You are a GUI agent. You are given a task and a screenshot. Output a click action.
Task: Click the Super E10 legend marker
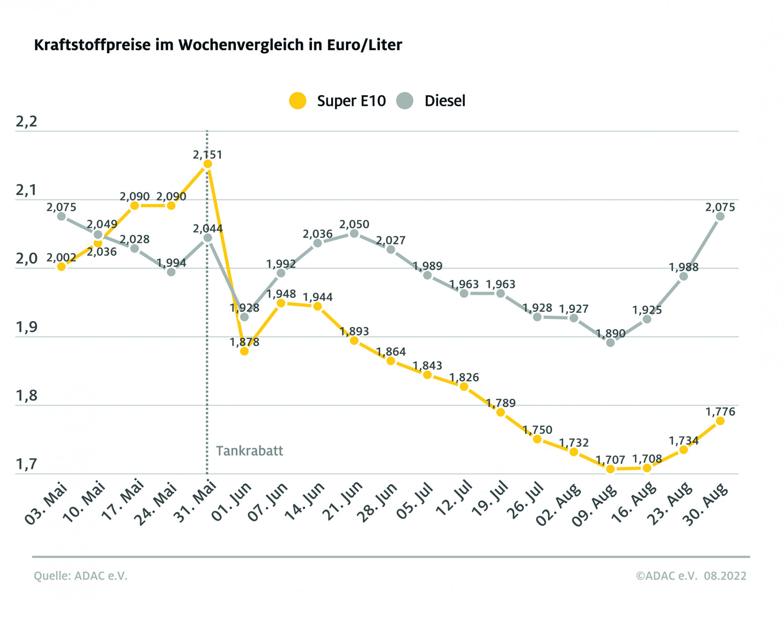(298, 101)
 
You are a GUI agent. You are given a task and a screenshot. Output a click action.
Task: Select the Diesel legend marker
(405, 101)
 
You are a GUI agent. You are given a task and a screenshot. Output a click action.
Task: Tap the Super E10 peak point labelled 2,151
(207, 164)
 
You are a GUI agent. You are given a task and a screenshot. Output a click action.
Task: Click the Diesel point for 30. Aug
(720, 216)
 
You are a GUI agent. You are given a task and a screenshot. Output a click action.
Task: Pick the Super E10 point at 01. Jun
(244, 351)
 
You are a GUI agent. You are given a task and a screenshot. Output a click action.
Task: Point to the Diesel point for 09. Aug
(610, 343)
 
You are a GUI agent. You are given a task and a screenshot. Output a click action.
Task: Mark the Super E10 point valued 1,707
(610, 469)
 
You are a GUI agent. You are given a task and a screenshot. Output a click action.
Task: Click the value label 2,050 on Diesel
(354, 224)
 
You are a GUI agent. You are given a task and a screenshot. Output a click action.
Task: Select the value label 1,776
(720, 411)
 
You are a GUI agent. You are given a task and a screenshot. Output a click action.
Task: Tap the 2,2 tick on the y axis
(26, 122)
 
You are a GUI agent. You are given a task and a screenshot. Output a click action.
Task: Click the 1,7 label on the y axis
(26, 464)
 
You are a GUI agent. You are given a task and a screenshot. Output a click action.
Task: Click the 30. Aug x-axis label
(706, 504)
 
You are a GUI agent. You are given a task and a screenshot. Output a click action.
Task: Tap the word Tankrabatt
(249, 451)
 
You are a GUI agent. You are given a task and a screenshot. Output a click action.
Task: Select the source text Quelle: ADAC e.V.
(80, 576)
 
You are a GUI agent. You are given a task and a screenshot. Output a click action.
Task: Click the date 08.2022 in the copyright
(725, 576)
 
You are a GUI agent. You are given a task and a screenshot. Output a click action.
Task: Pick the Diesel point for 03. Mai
(61, 216)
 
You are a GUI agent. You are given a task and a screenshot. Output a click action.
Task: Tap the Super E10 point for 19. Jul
(501, 412)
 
